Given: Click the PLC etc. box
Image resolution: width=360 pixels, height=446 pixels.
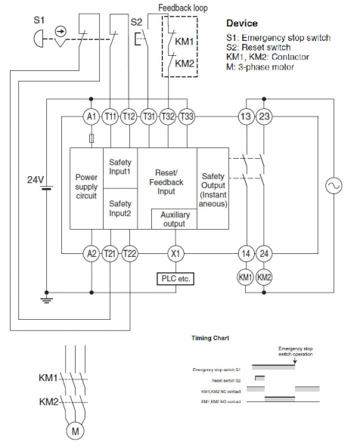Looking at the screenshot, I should click(175, 279).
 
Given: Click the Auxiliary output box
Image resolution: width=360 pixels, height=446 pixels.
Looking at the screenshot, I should click(175, 219).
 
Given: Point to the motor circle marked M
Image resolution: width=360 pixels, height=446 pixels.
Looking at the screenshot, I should click(75, 432).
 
